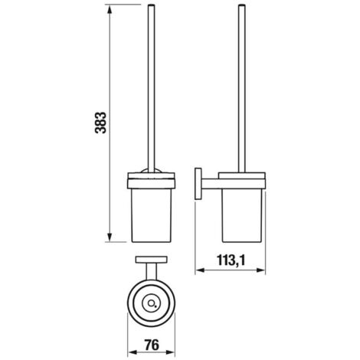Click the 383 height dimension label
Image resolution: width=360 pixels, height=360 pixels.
[100, 123]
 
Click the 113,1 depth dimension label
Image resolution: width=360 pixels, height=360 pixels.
[231, 260]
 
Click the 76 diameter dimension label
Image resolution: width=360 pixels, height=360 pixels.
[152, 345]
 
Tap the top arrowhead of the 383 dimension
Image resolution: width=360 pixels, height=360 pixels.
[110, 10]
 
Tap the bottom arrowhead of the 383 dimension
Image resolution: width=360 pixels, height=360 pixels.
[110, 237]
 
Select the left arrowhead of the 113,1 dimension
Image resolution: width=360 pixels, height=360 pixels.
[200, 270]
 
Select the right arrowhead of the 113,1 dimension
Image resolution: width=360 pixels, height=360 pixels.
[260, 270]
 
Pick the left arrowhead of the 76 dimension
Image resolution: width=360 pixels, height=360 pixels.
[132, 352]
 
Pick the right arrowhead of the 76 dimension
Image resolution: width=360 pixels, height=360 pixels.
[170, 352]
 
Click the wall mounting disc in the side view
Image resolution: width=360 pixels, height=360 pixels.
[198, 184]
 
